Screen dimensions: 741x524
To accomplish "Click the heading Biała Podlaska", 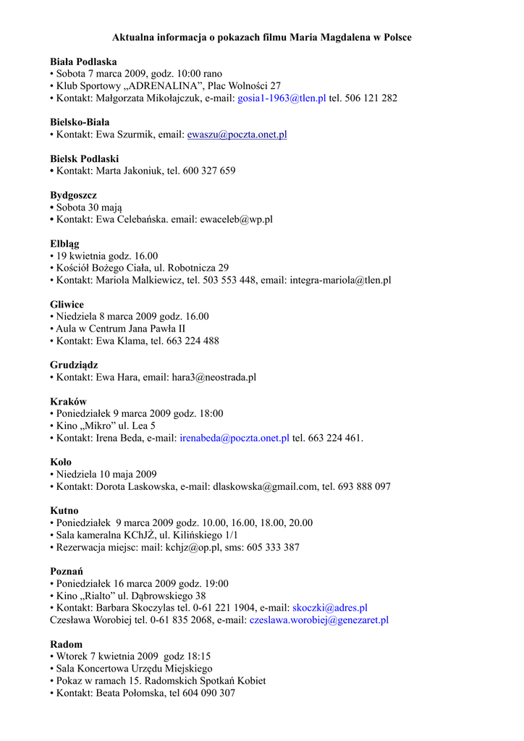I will (83, 62).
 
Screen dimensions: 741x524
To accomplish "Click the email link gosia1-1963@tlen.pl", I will (282, 98).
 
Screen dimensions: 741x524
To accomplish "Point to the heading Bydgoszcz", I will (73, 195).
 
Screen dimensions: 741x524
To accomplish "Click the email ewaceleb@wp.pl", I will (236, 219).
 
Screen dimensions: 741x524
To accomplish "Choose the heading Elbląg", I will (65, 243).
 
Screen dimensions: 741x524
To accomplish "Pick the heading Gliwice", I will (67, 305).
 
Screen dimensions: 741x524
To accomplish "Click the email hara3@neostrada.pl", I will (214, 377).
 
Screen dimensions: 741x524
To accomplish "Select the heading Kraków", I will (68, 402).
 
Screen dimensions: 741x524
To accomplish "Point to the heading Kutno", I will (64, 511).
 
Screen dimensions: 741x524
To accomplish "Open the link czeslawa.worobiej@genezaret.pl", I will (319, 620).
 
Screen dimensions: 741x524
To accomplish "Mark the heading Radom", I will (67, 644).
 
